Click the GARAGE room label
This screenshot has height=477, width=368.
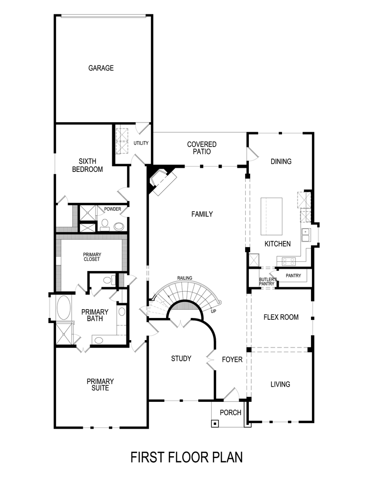(x=101, y=68)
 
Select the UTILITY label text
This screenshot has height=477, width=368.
(x=141, y=143)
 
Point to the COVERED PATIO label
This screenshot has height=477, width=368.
(x=201, y=148)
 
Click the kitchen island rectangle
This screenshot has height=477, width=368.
(x=271, y=217)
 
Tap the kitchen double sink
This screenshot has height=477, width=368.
(x=305, y=235)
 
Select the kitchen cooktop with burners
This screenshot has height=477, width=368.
(x=288, y=261)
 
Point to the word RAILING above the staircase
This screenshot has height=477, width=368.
(x=184, y=278)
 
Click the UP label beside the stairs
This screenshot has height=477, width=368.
(x=213, y=310)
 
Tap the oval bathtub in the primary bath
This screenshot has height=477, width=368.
(x=63, y=307)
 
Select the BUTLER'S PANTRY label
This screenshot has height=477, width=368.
(x=267, y=282)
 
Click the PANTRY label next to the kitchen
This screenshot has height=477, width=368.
(x=293, y=276)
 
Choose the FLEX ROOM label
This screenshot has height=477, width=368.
(x=281, y=317)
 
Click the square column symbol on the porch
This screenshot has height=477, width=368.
(x=215, y=423)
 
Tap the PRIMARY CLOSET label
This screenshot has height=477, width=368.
(x=92, y=257)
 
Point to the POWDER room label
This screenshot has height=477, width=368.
(x=112, y=209)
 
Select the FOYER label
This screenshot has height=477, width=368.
(x=232, y=359)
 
